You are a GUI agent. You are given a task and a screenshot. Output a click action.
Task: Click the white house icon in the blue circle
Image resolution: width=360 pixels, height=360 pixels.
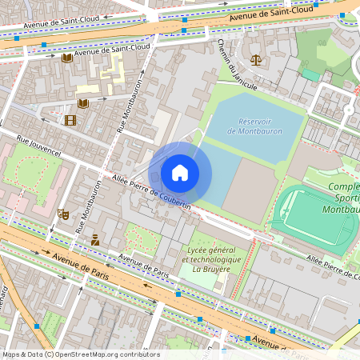click(x=180, y=173)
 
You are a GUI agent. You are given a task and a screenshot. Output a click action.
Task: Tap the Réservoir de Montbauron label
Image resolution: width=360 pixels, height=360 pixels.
click(x=254, y=126)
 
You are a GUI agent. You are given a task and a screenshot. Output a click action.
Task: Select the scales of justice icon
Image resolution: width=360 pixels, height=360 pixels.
click(x=255, y=59)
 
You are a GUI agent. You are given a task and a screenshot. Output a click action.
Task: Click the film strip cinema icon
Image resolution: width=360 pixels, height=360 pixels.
click(x=70, y=120)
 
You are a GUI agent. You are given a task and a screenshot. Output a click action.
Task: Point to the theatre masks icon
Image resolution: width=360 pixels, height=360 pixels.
click(x=62, y=214)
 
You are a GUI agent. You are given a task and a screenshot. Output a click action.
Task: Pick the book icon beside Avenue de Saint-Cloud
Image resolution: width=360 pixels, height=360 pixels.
click(x=67, y=58)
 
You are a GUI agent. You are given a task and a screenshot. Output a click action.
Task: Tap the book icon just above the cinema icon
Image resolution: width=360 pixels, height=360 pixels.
click(x=83, y=103)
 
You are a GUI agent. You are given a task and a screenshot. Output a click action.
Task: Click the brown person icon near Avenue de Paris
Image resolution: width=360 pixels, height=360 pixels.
click(x=95, y=239)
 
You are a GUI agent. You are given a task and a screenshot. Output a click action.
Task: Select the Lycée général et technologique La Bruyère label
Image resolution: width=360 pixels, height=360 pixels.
click(x=213, y=259)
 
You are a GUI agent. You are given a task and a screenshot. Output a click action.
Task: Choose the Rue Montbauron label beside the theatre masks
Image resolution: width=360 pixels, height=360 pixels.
click(x=89, y=205)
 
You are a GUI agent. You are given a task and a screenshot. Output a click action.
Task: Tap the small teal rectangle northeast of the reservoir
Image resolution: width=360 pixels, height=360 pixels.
click(x=310, y=74)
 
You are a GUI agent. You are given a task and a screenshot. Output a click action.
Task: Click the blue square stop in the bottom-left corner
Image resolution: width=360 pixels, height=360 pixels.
click(x=36, y=326)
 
